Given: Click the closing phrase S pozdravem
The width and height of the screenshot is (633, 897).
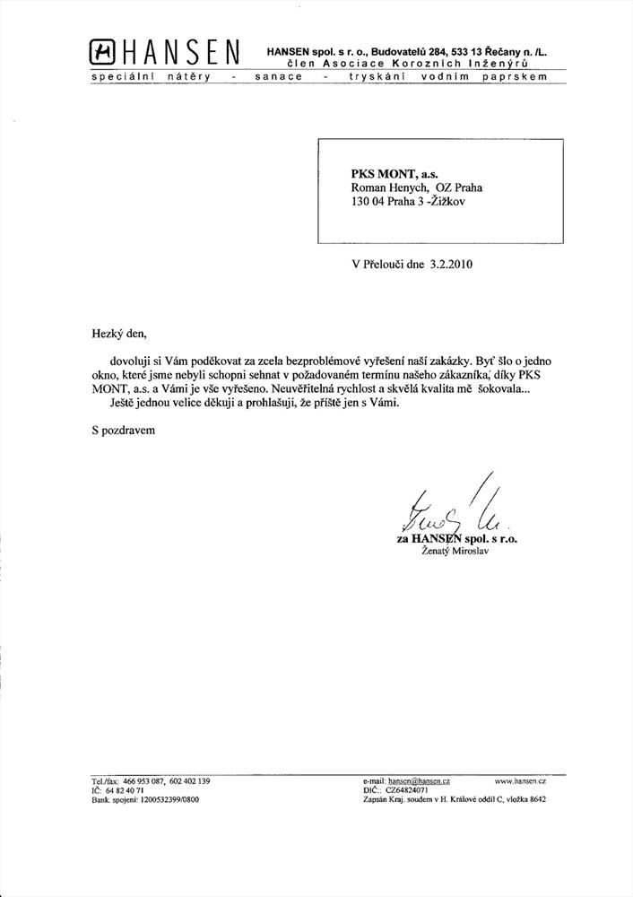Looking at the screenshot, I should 123,430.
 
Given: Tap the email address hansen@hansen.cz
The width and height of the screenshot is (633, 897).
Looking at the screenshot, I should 420,782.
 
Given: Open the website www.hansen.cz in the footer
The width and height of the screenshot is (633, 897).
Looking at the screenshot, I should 520,782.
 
